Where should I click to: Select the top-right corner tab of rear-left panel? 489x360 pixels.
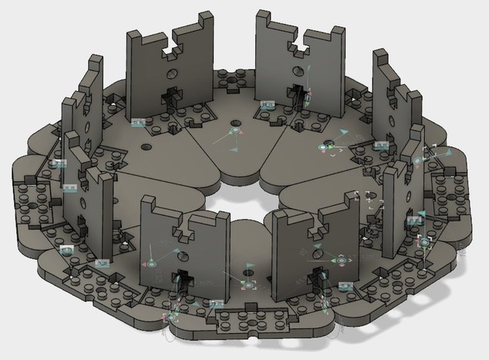(207, 20)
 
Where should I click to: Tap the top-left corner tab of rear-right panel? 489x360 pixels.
(264, 19)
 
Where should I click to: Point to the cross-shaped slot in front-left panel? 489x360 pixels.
(182, 279)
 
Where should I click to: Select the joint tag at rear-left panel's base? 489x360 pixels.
(139, 122)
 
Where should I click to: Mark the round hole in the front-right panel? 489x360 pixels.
(315, 252)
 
